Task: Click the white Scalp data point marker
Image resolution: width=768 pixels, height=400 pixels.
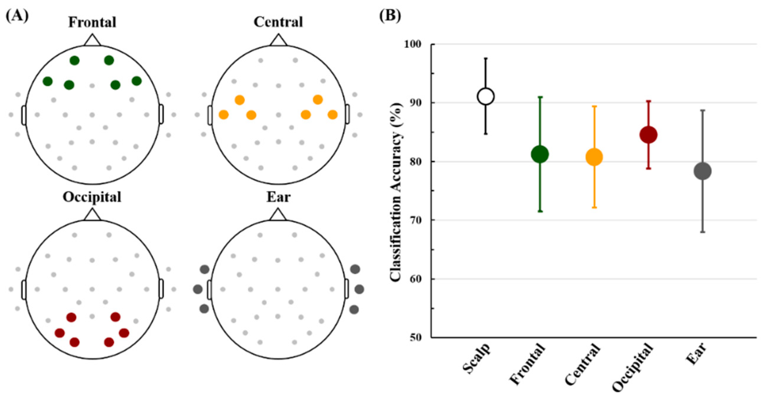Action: (486, 96)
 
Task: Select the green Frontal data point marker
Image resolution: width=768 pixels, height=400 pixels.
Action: (540, 154)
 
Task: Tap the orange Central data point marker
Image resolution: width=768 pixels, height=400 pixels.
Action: (594, 157)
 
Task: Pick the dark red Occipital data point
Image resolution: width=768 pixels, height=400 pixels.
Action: (648, 135)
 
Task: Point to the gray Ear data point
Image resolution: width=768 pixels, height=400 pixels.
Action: (703, 171)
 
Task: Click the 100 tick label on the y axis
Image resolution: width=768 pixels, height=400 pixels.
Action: (412, 44)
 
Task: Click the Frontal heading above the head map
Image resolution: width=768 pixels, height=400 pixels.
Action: (92, 22)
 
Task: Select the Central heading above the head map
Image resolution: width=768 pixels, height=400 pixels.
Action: (278, 22)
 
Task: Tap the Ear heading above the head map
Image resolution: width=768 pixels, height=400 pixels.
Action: (278, 197)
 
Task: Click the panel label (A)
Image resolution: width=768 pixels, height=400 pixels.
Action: (17, 16)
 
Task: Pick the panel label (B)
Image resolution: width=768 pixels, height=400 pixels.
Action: (390, 16)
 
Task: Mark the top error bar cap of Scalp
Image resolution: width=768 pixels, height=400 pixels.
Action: (486, 58)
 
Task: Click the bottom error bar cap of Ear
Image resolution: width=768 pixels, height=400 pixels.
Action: (703, 232)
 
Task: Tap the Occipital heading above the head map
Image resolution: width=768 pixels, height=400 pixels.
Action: (92, 197)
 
